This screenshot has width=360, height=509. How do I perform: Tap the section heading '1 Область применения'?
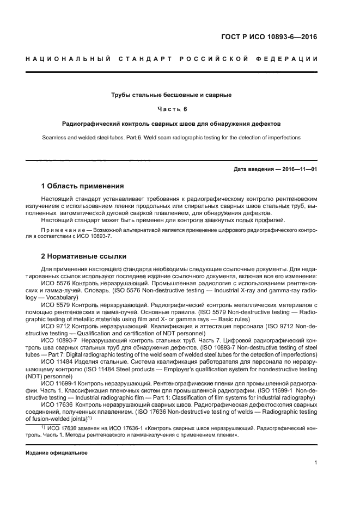point(83,186)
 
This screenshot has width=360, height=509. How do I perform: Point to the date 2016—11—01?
point(298,169)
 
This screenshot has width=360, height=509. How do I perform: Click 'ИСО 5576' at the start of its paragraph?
point(53,284)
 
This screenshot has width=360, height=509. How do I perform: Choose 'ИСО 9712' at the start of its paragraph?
point(53,326)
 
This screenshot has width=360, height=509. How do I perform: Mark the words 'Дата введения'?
point(254,169)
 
